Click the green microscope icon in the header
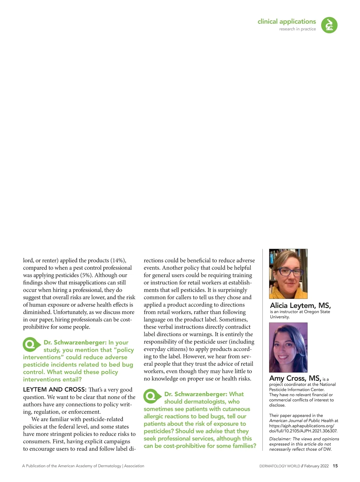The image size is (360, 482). click(329, 25)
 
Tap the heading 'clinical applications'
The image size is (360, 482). click(286, 22)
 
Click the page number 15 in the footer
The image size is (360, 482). click(335, 466)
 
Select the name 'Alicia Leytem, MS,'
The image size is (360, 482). click(300, 306)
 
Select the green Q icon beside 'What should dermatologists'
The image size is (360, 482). click(151, 396)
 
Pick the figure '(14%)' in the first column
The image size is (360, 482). click(118, 261)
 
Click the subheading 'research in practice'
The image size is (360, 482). click(297, 29)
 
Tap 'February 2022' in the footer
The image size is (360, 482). click(316, 466)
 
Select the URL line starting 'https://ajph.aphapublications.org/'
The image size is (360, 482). click(301, 426)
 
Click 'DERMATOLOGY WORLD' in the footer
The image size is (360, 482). click(280, 466)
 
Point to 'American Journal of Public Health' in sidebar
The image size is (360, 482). click(301, 421)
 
